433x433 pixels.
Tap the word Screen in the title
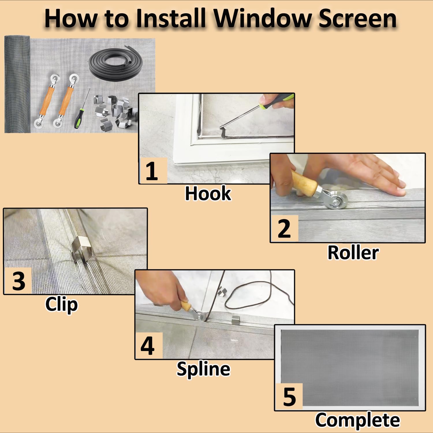(x=358, y=18)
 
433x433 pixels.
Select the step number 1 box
(x=153, y=171)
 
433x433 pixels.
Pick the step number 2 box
(x=285, y=228)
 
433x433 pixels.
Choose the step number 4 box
(x=149, y=346)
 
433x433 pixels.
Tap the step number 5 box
(x=289, y=397)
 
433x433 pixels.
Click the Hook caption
(x=208, y=193)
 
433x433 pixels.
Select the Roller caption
(x=353, y=253)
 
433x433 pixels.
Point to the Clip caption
(x=61, y=305)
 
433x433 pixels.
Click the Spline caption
(x=204, y=369)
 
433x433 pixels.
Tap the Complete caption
(x=358, y=420)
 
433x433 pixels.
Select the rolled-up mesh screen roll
(x=17, y=84)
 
